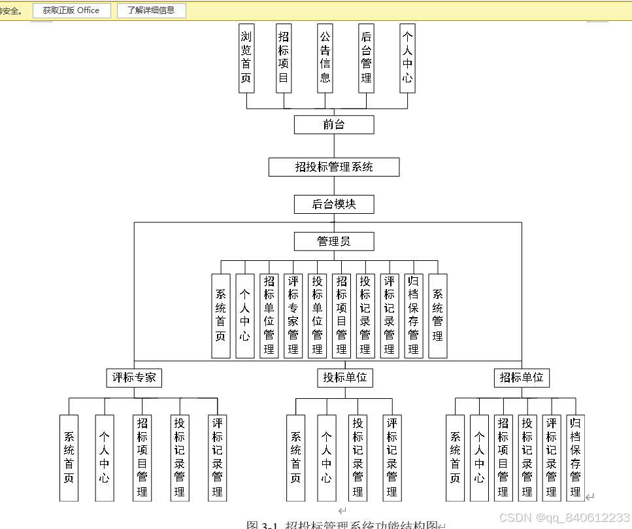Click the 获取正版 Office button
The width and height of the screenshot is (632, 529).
71,10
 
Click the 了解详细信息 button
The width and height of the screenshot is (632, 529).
151,10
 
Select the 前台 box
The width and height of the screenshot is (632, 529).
334,124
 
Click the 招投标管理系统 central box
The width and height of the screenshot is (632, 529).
334,167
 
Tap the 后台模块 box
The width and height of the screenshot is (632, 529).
334,204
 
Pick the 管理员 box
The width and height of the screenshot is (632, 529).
334,241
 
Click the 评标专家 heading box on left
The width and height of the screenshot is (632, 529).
134,377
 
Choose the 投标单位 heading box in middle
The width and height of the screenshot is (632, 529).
345,377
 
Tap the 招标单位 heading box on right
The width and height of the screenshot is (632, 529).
522,377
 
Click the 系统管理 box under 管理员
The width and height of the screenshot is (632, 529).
437,315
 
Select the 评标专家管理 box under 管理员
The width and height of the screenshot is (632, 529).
293,315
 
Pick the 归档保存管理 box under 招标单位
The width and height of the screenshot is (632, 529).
575,457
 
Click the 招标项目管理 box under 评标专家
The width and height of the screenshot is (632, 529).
142,457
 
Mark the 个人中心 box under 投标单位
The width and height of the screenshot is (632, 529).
327,457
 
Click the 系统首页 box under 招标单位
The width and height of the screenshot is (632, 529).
455,457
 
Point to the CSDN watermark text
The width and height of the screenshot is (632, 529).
564,517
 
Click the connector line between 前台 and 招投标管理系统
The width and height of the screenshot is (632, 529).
334,146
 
